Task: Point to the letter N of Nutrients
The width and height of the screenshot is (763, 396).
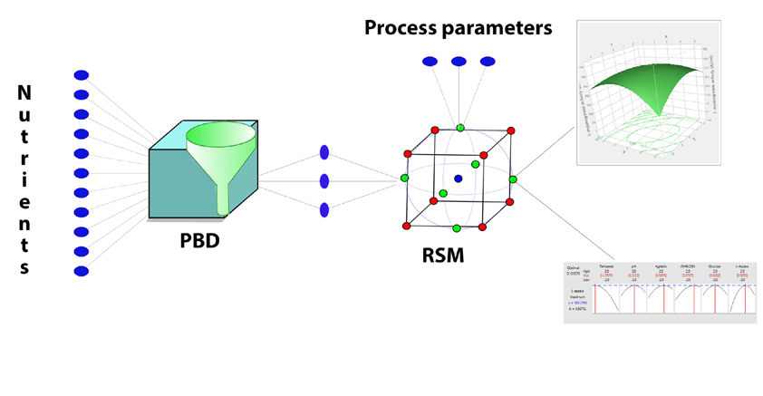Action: (24, 92)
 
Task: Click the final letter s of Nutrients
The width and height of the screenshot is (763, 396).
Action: (24, 267)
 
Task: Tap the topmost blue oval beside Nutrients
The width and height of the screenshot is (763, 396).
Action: (81, 74)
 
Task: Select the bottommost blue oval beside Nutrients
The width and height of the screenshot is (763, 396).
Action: (81, 271)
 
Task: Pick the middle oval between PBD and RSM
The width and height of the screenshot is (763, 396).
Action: (324, 181)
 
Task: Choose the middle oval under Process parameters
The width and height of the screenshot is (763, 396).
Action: (459, 62)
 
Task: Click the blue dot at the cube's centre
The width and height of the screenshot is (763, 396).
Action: (459, 179)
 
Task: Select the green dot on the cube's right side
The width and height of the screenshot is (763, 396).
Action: (513, 179)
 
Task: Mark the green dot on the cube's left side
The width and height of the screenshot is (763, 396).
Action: (405, 179)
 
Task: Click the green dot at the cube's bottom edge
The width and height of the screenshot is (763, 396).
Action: (456, 227)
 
